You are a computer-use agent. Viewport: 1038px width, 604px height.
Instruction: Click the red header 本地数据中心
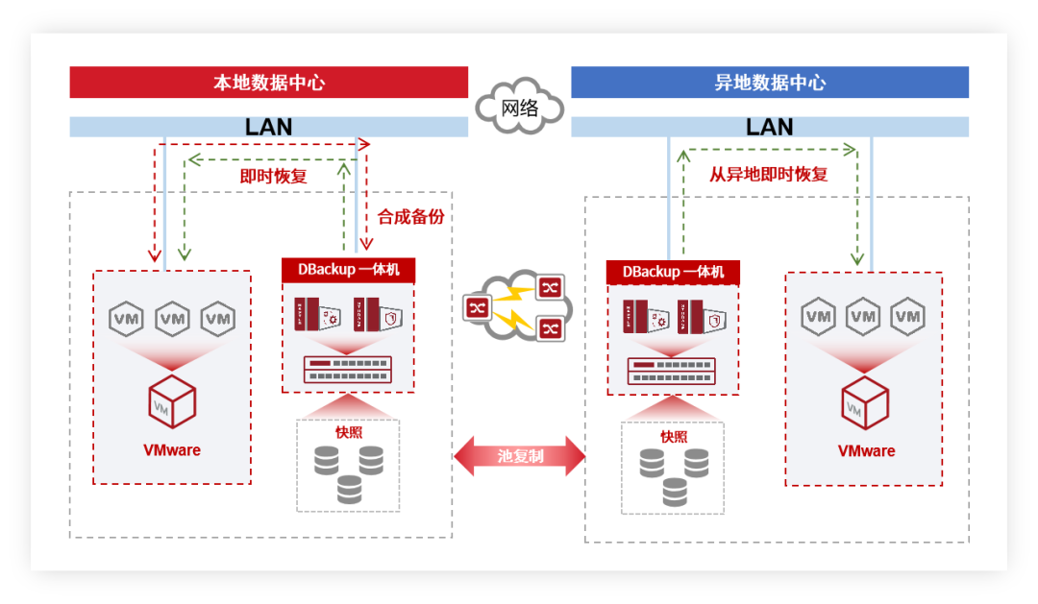(268, 83)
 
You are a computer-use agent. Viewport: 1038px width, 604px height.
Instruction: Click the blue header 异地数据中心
(770, 83)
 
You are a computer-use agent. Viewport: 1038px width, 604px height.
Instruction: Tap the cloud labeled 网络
(520, 107)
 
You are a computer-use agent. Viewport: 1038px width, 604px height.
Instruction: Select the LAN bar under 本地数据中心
(268, 127)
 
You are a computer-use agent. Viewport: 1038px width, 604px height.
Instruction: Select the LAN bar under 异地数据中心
(770, 127)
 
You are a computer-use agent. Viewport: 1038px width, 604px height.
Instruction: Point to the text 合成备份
(410, 217)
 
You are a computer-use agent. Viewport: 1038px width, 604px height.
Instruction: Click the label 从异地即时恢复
(768, 175)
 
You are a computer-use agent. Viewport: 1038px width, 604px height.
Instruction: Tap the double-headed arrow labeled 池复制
(520, 456)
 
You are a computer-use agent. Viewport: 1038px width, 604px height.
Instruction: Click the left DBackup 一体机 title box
(348, 270)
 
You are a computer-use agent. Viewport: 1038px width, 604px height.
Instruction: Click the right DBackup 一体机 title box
(673, 273)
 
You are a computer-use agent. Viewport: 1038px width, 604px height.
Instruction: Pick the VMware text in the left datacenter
(172, 449)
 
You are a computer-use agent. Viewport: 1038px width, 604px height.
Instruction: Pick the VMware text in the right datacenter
(866, 451)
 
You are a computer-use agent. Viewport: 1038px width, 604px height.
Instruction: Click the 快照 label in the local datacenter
(349, 431)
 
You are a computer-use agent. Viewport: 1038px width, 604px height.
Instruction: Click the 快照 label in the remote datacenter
(674, 436)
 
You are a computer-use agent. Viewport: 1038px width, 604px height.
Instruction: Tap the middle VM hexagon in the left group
(172, 319)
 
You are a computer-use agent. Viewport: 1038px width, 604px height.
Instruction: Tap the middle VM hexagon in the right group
(863, 316)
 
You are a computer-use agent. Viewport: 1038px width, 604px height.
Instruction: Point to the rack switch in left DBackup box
(348, 369)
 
